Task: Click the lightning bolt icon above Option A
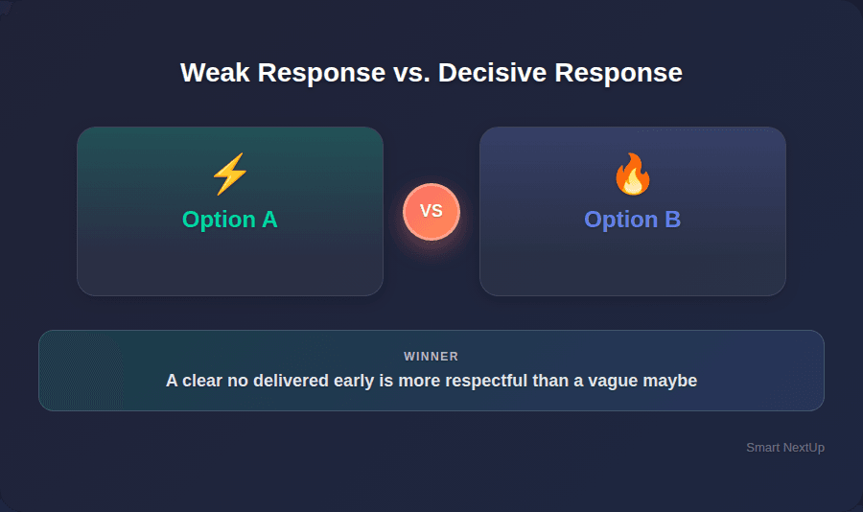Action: (229, 175)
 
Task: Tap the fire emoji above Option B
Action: (632, 175)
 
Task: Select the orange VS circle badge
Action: (431, 211)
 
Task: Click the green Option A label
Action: (230, 220)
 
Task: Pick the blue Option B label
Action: (633, 220)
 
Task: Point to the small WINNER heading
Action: (431, 357)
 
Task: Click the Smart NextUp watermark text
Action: (785, 448)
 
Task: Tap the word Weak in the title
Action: (210, 73)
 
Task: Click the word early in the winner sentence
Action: (336, 381)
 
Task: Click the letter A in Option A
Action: (268, 220)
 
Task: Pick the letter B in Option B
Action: (672, 220)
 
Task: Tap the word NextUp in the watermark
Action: (803, 448)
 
